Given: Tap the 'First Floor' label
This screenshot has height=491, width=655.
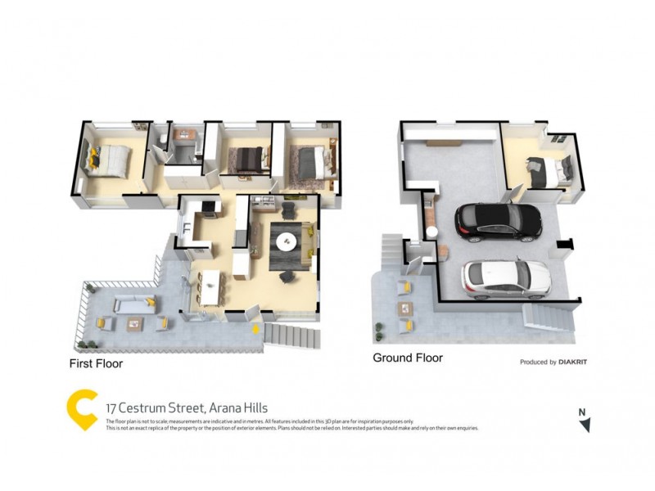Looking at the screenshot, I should tap(96, 363).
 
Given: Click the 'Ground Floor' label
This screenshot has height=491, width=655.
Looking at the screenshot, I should tap(407, 358).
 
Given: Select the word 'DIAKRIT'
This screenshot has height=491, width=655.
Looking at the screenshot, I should tap(575, 362).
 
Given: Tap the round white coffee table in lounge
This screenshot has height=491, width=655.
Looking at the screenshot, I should tap(287, 241).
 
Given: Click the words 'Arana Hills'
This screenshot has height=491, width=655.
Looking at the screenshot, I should tap(238, 408).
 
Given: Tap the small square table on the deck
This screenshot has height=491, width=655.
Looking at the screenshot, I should tap(134, 323).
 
